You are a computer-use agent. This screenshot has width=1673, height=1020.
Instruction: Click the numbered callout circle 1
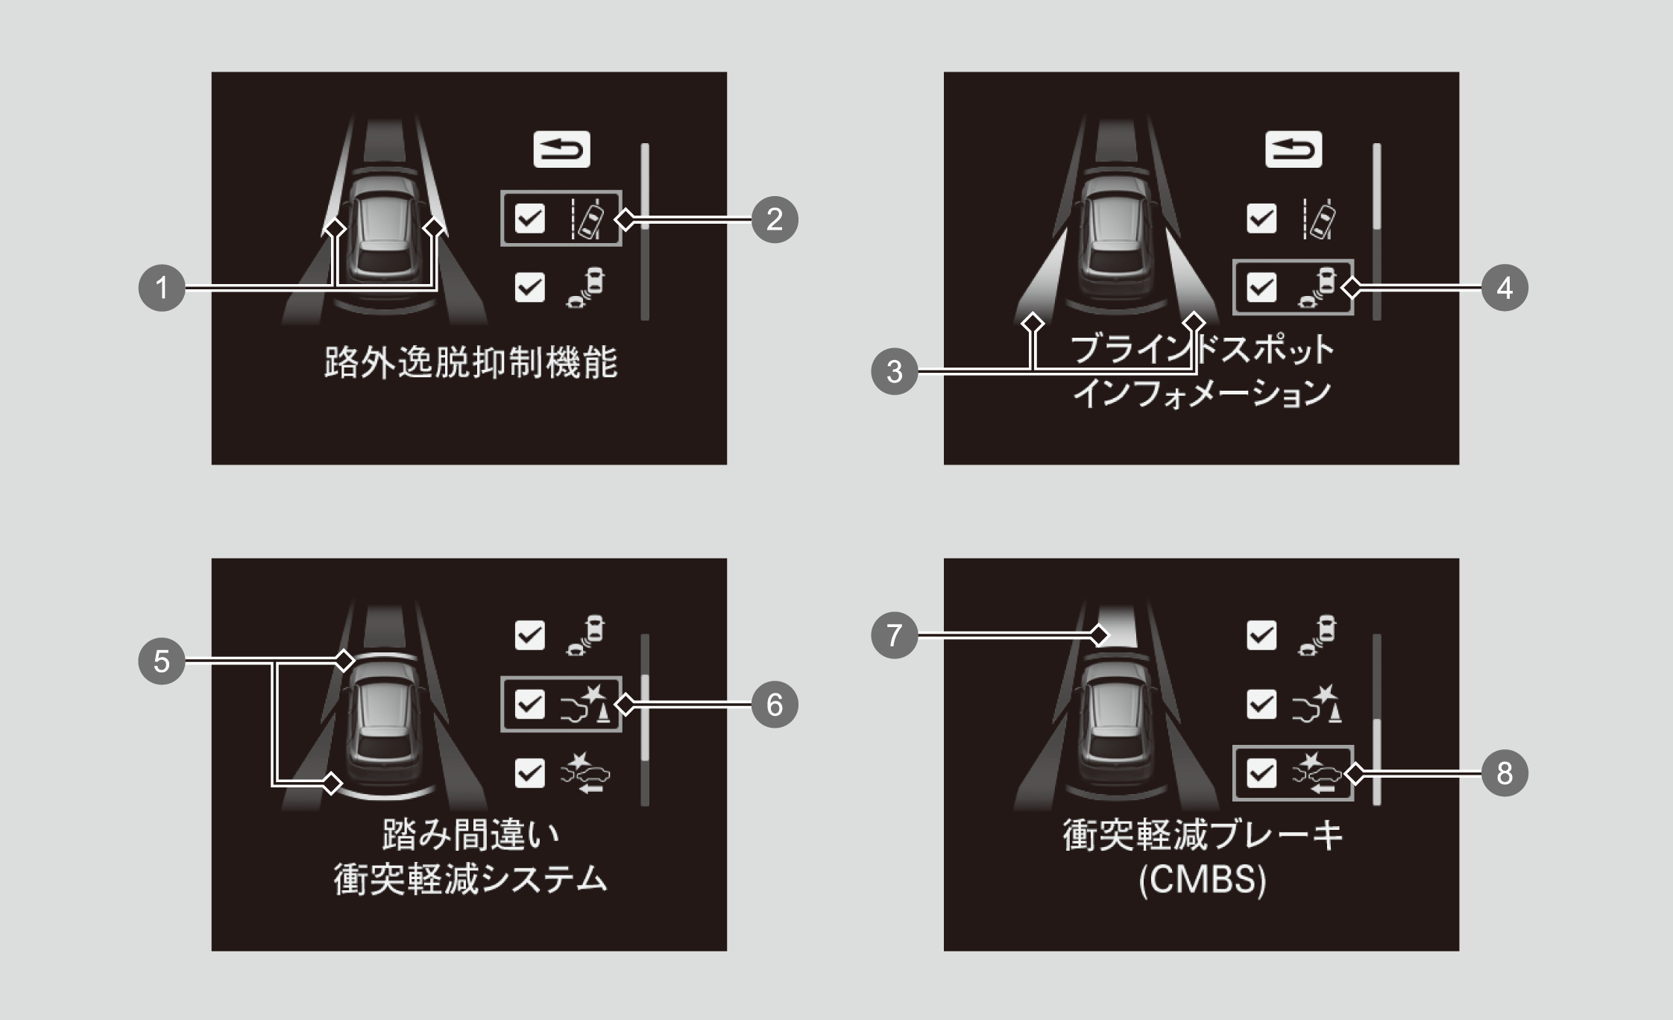pos(162,288)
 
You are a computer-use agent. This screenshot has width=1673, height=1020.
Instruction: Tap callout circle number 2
pos(775,219)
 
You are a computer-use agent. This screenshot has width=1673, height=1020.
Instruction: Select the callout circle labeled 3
pos(894,371)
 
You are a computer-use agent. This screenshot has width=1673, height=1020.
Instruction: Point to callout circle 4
pos(1505,288)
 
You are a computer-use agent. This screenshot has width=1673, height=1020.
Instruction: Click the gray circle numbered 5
pos(162,661)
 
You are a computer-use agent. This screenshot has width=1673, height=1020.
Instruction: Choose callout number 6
pos(775,705)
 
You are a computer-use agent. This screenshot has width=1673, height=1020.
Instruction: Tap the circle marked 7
pos(894,635)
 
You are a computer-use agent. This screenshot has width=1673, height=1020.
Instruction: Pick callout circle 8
pos(1505,773)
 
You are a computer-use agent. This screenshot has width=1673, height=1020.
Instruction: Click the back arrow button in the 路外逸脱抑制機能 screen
pos(561,149)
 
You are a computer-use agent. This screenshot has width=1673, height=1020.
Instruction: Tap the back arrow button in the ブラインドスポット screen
pos(1294,149)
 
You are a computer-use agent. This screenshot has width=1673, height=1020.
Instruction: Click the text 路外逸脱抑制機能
pos(471,363)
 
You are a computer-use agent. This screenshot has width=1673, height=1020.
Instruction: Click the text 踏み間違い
pos(471,834)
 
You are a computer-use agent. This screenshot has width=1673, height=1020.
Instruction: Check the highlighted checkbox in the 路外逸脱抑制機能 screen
pos(530,219)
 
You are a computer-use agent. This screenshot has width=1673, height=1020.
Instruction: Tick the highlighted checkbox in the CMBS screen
pos(1261,773)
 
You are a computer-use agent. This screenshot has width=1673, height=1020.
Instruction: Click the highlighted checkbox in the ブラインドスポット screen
pos(1261,288)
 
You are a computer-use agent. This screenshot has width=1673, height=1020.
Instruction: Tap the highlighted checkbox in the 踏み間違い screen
pos(530,705)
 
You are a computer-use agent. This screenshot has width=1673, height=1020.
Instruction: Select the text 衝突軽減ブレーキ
pos(1202,835)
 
